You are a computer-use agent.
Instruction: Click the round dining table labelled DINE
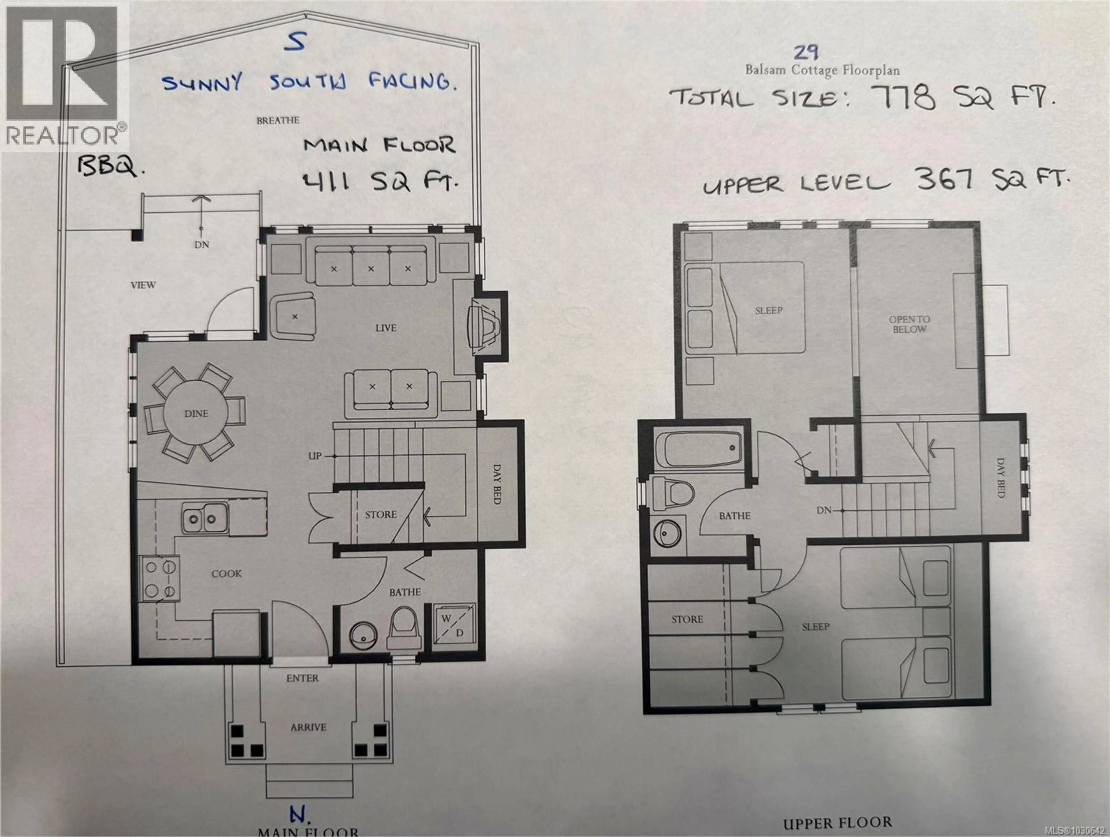point(196,413)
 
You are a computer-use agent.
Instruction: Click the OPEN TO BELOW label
point(909,324)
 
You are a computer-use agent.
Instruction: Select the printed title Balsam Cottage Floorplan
point(822,70)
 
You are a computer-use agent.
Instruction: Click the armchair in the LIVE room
point(294,317)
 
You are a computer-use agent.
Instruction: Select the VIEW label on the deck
point(143,285)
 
